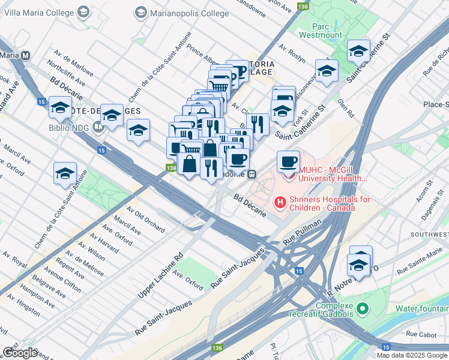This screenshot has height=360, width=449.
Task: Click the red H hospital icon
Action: click(x=279, y=203)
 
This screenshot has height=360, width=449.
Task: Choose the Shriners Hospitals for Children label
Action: click(x=323, y=203)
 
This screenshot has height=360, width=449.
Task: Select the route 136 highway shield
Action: click(x=216, y=347)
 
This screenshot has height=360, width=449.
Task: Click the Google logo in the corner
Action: click(x=20, y=353)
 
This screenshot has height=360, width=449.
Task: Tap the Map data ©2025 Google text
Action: click(x=411, y=355)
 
